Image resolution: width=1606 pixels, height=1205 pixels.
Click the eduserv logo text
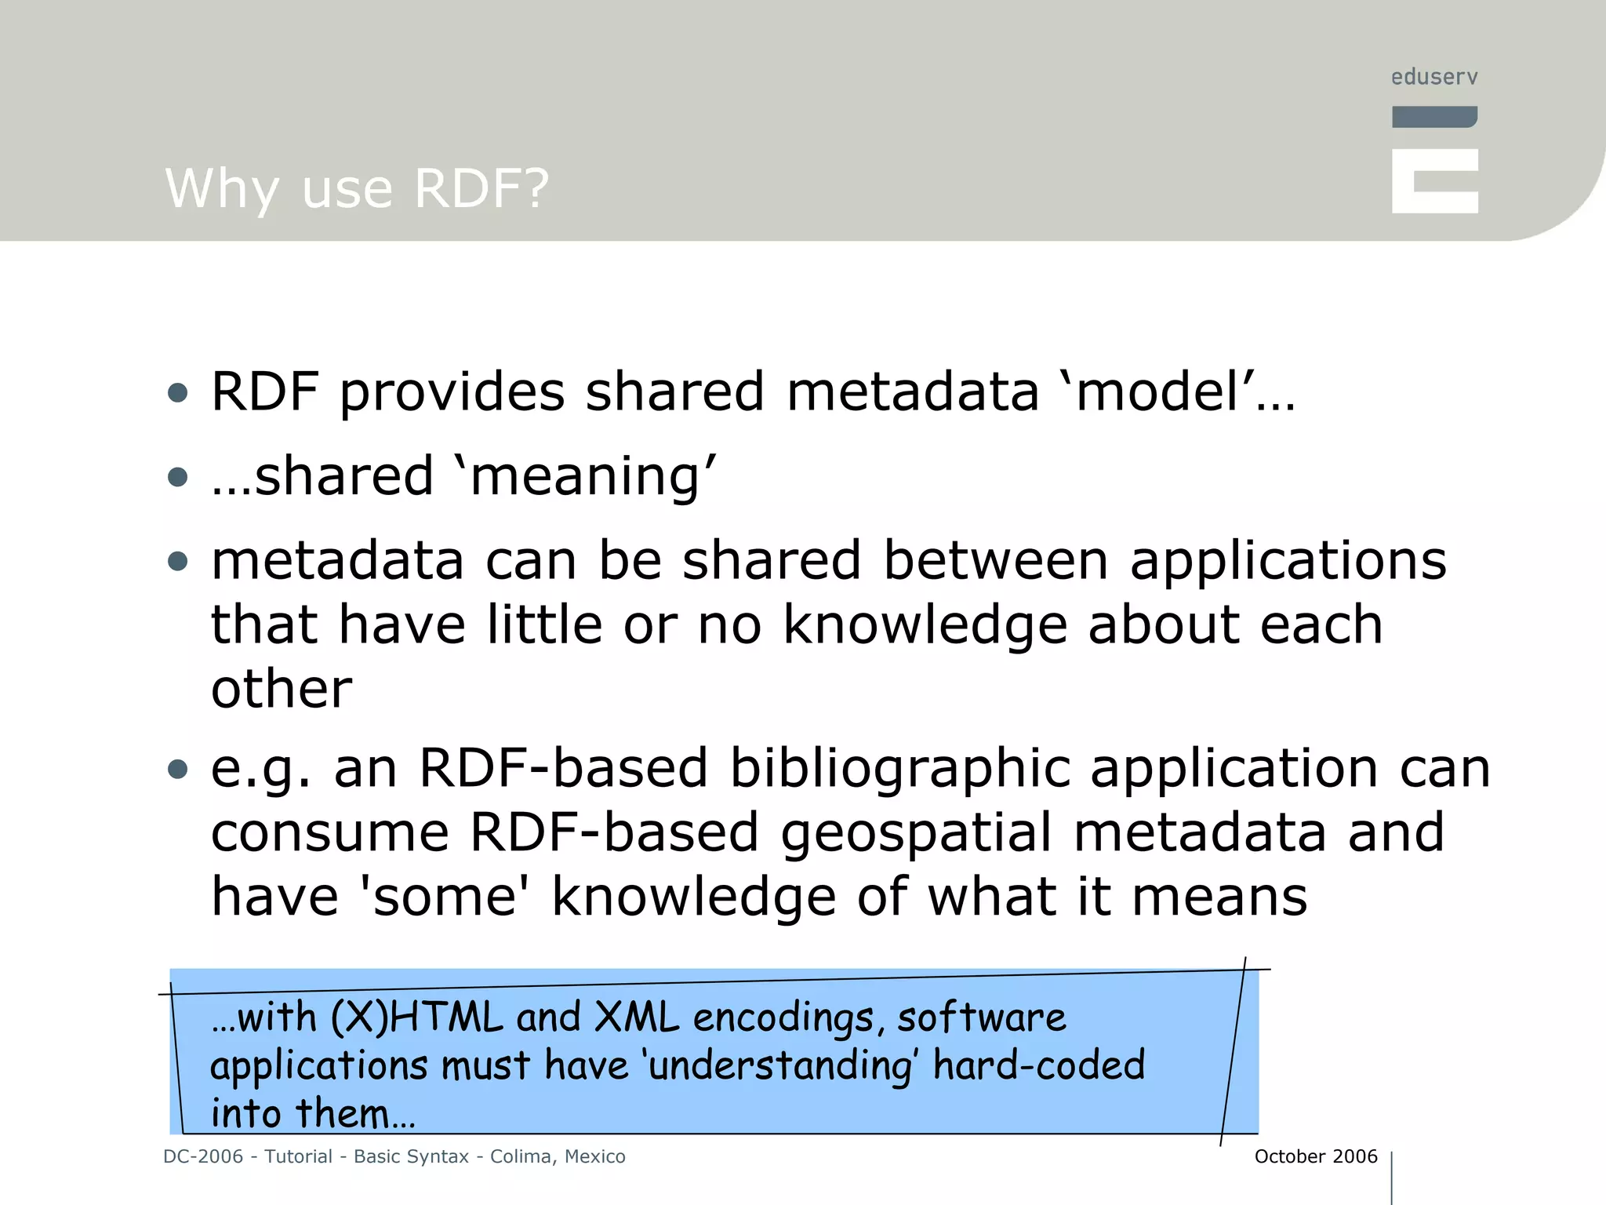click(1434, 77)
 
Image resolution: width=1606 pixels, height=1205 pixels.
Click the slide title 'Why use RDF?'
click(357, 189)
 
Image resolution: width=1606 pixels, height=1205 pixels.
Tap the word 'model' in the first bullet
click(1156, 391)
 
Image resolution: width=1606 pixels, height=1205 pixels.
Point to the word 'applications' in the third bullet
click(1288, 561)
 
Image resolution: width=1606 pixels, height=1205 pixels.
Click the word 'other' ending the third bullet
click(282, 689)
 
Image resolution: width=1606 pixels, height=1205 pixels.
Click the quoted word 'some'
click(445, 897)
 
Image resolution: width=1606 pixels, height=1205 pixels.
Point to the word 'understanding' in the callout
click(780, 1066)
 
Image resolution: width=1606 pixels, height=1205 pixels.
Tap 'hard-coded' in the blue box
click(1038, 1065)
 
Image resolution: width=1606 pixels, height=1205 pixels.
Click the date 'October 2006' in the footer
click(1315, 1156)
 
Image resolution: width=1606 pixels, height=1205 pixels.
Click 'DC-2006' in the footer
click(203, 1156)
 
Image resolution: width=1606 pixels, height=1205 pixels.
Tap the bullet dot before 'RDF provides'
click(178, 392)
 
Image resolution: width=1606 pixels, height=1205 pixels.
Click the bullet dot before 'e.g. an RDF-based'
click(178, 769)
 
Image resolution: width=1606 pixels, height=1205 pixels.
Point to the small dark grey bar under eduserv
click(1434, 117)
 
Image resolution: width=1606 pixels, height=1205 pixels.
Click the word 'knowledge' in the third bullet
click(925, 625)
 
